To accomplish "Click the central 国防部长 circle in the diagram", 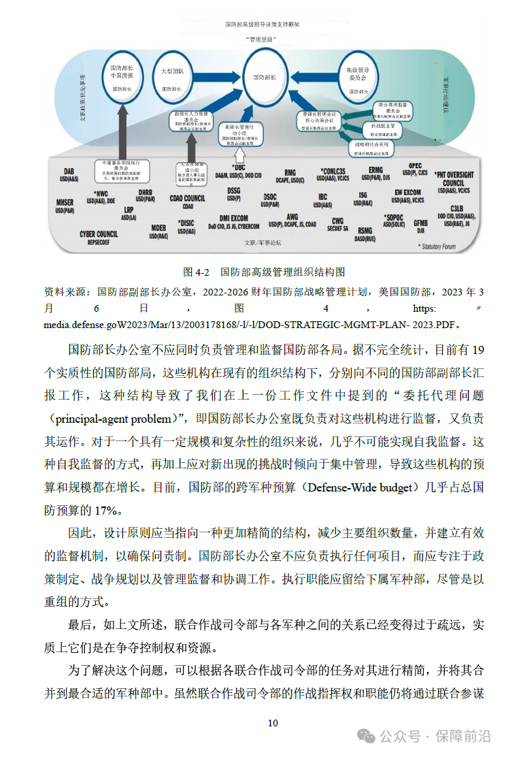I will point(265,78).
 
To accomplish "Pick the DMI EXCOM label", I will point(233,219).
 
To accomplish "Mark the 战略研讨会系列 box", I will point(371,145).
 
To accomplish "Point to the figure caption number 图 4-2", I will point(196,272).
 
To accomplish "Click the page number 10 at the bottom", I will point(273,723).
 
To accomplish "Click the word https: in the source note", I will point(418,308).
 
